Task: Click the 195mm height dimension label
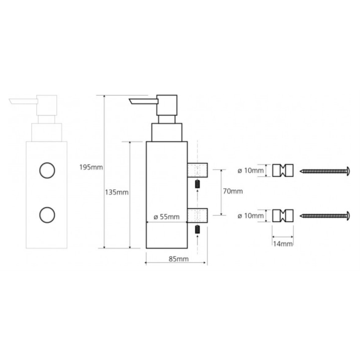(x=91, y=167)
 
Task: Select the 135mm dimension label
(x=117, y=192)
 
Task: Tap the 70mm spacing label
(x=233, y=191)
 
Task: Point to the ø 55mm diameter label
(x=166, y=217)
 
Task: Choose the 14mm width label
(x=283, y=244)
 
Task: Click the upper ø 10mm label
(x=251, y=171)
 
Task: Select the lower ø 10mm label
(x=251, y=216)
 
